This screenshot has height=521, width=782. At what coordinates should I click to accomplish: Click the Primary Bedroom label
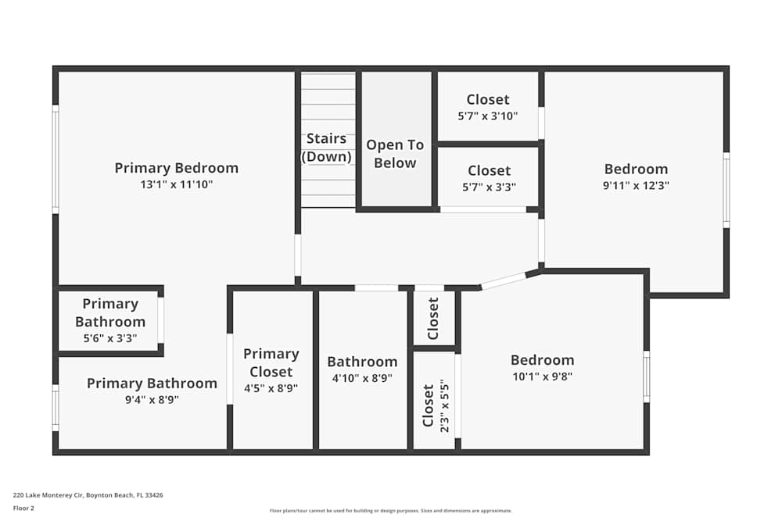tap(176, 168)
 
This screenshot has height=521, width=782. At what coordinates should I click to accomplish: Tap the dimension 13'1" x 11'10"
tap(176, 185)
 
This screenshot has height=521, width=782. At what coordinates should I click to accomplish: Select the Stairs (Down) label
tap(326, 148)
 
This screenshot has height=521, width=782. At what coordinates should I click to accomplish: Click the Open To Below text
tap(395, 154)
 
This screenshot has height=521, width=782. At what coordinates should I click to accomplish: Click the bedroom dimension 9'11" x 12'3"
tap(636, 186)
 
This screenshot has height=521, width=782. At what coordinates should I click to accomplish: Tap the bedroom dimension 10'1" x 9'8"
tap(542, 376)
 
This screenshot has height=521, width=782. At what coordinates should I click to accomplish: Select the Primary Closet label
tap(271, 362)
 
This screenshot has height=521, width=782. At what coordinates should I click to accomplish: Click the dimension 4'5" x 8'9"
tap(271, 388)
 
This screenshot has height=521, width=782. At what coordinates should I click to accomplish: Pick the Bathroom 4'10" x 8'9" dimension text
tap(362, 378)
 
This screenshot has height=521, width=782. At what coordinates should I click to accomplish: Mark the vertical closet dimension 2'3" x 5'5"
tap(446, 405)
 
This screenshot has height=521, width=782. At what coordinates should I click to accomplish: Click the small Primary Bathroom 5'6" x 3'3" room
tap(109, 320)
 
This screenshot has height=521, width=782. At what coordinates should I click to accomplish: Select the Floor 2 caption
tap(23, 508)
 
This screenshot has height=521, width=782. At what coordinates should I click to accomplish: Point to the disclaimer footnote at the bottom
tap(391, 511)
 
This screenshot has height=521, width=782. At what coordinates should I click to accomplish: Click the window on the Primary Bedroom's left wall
tap(56, 159)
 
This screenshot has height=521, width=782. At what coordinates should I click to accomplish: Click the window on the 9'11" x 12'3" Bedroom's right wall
tap(726, 191)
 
